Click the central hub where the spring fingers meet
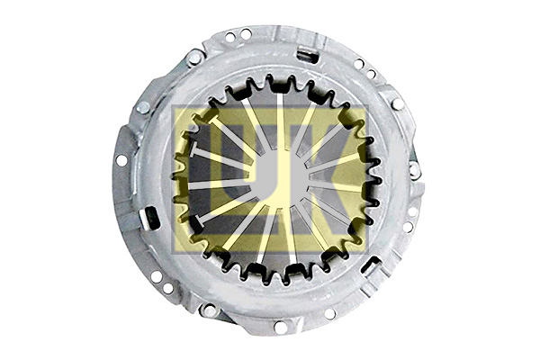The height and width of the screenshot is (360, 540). click(280, 178)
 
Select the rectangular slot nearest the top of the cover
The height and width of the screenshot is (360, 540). click(308, 54)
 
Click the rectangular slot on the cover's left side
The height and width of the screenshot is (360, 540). click(149, 216)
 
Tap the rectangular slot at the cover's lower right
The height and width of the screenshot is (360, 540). click(371, 265)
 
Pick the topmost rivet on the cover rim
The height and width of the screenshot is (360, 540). click(194, 58)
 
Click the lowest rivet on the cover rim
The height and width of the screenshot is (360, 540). click(209, 310)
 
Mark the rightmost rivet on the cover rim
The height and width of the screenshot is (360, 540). click(414, 170)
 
